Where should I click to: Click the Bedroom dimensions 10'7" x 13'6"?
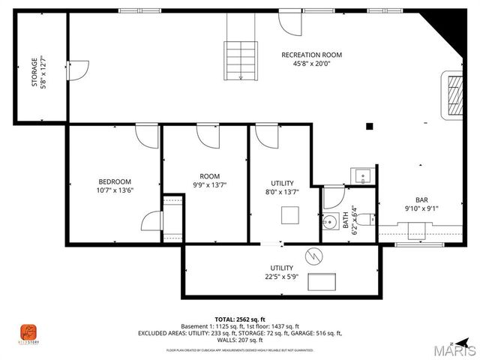tap(115, 190)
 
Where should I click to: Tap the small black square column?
tap(368, 126)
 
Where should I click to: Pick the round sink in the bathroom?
tap(329, 223)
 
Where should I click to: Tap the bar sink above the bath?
tap(363, 176)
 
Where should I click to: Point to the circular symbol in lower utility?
tap(316, 255)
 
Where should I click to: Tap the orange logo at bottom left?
tap(28, 331)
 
